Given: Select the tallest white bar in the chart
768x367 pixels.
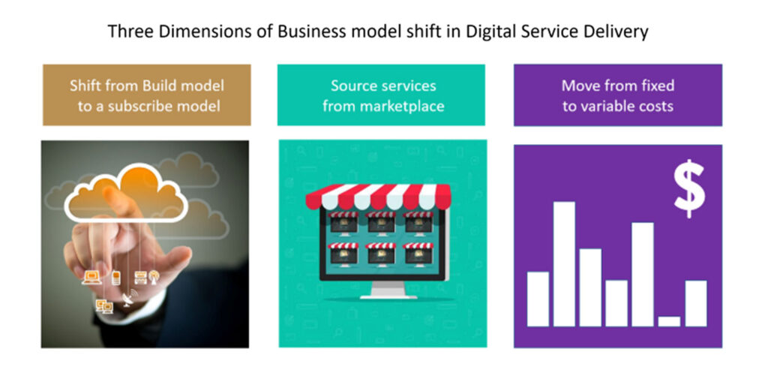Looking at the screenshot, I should pyautogui.click(x=564, y=263).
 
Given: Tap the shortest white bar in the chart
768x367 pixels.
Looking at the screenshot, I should pyautogui.click(x=669, y=321).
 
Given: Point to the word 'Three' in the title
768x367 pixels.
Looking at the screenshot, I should pyautogui.click(x=130, y=32).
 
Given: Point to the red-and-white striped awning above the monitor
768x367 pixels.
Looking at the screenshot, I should pyautogui.click(x=379, y=197).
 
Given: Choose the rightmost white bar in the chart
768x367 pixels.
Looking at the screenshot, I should pyautogui.click(x=695, y=303).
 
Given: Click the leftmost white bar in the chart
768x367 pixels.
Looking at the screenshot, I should pyautogui.click(x=538, y=299).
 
